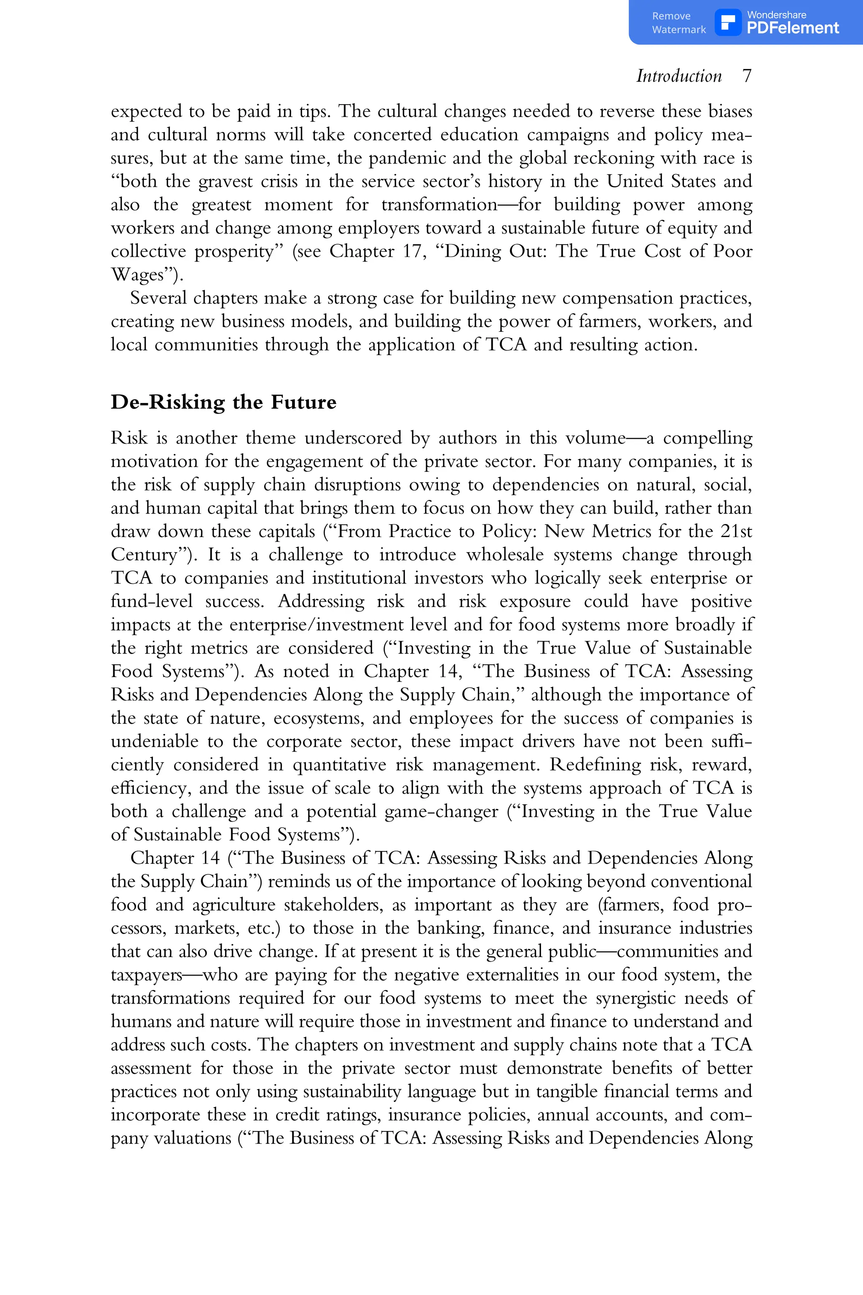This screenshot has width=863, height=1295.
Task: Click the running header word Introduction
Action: [x=678, y=76]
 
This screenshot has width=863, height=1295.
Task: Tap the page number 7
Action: [x=746, y=76]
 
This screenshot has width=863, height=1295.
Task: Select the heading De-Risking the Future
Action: [x=223, y=403]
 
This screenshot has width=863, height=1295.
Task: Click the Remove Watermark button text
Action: [x=678, y=23]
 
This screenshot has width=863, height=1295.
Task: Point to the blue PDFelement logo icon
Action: [x=728, y=23]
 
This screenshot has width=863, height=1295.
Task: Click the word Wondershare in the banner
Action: [x=776, y=15]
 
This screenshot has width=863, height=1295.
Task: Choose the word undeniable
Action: [x=154, y=742]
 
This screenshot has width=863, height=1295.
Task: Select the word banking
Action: [x=451, y=928]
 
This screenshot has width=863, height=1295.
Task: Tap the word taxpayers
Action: [x=146, y=975]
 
